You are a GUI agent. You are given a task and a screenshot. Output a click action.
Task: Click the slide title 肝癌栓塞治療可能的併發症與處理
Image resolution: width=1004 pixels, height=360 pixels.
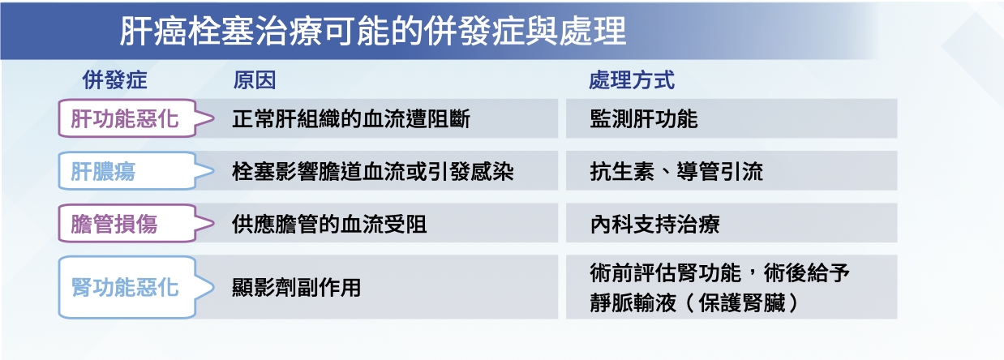click(372, 32)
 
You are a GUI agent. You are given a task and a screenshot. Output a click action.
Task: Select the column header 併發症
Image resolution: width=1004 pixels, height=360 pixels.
click(114, 81)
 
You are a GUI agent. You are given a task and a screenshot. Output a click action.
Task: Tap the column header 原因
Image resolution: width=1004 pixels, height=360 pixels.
click(254, 81)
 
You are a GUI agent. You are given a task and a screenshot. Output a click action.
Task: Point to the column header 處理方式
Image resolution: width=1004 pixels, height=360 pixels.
click(632, 81)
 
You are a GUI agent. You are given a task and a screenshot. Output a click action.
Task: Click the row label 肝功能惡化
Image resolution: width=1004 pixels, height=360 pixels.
click(125, 119)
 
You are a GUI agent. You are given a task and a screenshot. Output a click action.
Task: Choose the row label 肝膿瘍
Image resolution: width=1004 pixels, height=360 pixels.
click(103, 171)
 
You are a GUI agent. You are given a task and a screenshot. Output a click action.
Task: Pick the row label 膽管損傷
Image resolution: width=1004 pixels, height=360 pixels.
click(114, 224)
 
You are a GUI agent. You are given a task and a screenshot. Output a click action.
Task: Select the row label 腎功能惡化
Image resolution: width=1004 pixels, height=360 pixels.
click(125, 287)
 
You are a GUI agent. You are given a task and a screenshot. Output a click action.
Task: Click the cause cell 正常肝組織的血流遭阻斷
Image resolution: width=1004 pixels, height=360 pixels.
click(351, 119)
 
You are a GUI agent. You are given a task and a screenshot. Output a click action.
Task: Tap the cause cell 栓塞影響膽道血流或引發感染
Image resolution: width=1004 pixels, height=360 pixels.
click(372, 171)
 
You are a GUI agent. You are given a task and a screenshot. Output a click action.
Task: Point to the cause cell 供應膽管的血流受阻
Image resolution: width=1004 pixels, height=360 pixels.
click(329, 224)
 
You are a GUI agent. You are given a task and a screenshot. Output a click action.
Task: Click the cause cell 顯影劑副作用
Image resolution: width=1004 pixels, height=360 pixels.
click(297, 287)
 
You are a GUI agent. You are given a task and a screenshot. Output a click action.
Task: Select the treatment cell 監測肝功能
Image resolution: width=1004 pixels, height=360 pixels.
click(644, 119)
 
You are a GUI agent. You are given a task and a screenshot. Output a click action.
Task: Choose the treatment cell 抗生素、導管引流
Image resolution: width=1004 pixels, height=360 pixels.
click(676, 171)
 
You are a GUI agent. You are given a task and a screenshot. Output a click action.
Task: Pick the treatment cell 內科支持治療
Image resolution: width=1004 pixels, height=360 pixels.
click(654, 224)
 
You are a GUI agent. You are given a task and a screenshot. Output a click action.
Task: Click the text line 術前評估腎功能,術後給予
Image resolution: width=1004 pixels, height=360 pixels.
click(719, 272)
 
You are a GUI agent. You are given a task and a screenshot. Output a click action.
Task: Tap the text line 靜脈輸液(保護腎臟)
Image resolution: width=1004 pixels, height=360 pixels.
click(694, 302)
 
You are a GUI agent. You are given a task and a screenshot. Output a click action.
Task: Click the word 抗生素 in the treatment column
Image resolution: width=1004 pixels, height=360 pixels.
click(622, 171)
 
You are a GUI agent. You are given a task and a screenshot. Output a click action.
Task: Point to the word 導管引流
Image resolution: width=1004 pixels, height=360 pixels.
click(720, 171)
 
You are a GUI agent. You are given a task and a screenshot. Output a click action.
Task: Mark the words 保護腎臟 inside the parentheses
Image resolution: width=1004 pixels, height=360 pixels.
click(742, 302)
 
